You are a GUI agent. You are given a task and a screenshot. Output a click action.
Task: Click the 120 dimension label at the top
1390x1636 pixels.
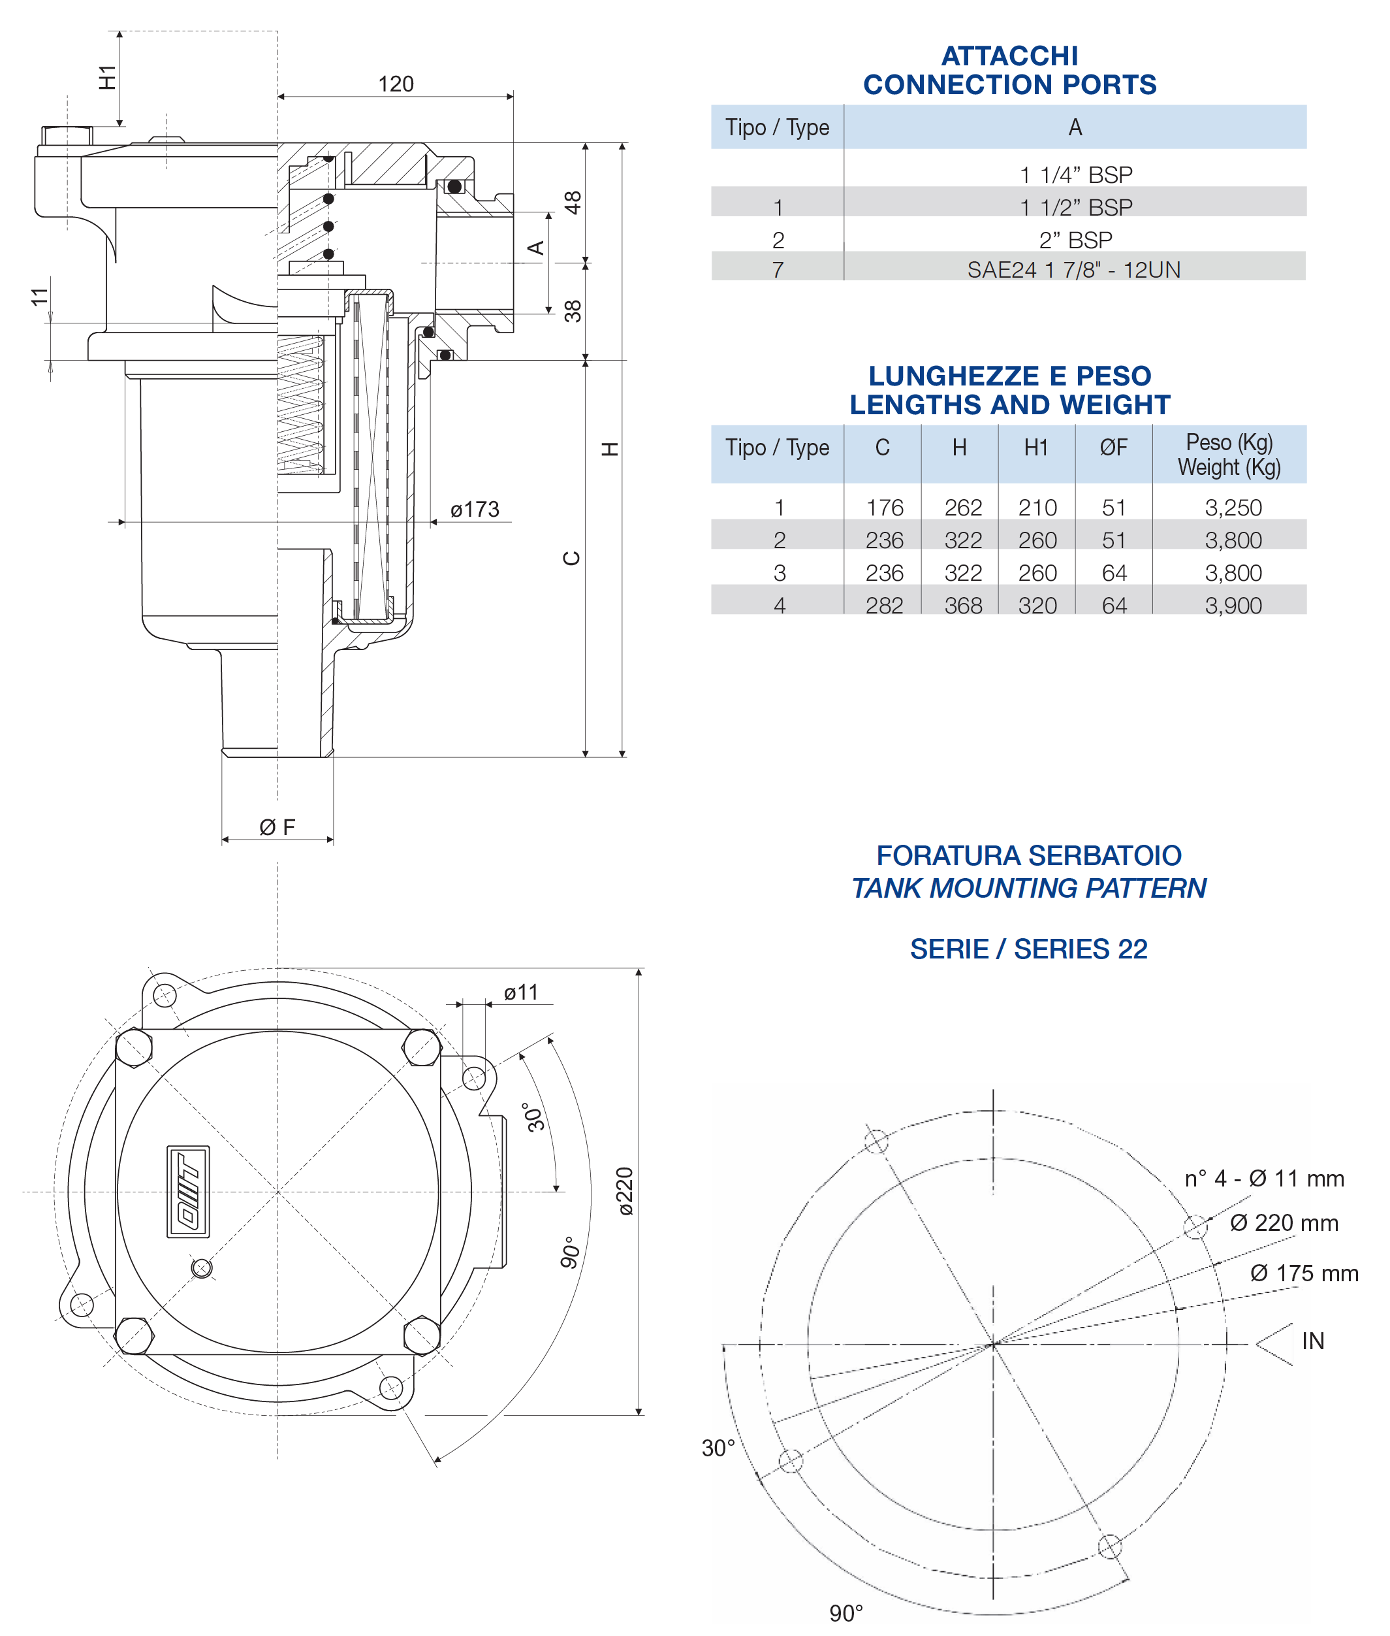(396, 84)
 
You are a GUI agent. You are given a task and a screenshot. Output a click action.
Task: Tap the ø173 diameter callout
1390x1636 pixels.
(475, 510)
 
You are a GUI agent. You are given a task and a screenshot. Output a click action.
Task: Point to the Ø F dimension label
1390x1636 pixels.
(277, 827)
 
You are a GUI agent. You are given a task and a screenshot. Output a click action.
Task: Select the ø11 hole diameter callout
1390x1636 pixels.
(521, 992)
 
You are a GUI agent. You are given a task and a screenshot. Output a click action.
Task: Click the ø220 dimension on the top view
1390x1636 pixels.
(624, 1190)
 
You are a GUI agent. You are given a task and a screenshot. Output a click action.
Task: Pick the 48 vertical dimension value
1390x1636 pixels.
(573, 203)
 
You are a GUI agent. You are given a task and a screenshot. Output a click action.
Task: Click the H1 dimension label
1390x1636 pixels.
(107, 77)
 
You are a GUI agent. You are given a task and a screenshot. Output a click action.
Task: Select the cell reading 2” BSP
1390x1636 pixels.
(1075, 240)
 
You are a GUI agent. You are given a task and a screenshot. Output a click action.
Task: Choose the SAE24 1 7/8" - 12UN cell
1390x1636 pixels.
(1073, 270)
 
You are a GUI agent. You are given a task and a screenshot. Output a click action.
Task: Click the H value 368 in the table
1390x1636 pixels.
(963, 606)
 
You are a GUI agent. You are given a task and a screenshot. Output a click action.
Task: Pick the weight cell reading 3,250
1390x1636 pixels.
(1233, 508)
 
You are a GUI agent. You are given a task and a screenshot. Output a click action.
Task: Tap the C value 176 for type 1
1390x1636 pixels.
(884, 508)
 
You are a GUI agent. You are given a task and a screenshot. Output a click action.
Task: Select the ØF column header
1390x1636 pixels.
(1113, 448)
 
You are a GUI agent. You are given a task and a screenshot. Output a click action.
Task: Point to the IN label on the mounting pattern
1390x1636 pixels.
(1312, 1341)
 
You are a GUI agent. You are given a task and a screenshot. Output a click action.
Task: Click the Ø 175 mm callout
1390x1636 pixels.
(1303, 1273)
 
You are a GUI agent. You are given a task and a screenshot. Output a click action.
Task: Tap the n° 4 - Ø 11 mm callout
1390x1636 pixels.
(1264, 1179)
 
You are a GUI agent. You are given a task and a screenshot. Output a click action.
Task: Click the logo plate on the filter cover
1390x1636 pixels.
(188, 1190)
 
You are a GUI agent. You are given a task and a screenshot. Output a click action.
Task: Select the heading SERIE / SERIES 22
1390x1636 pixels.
(1028, 949)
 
